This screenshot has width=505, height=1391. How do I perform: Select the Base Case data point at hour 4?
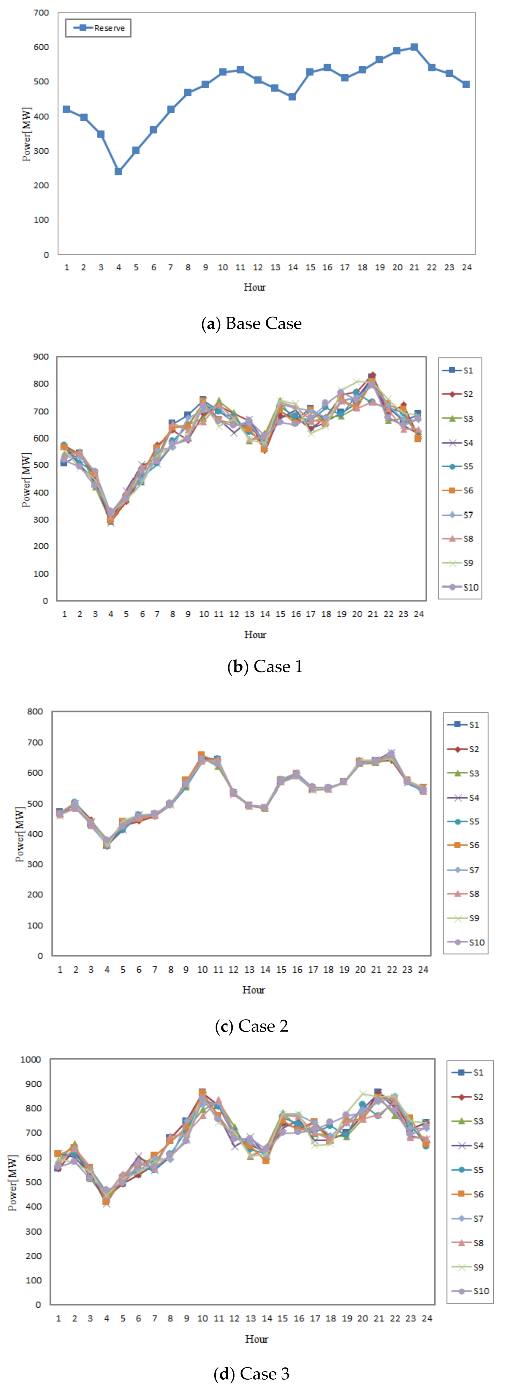click(x=118, y=172)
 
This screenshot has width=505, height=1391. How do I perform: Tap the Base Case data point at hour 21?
click(x=414, y=48)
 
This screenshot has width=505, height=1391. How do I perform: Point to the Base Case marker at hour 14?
click(x=292, y=97)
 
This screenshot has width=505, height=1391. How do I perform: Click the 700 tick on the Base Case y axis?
click(x=42, y=12)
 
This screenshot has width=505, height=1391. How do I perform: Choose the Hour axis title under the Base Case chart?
click(x=255, y=287)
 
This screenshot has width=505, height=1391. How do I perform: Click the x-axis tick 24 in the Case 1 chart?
click(x=419, y=614)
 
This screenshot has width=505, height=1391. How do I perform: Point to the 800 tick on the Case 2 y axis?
click(x=36, y=712)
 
